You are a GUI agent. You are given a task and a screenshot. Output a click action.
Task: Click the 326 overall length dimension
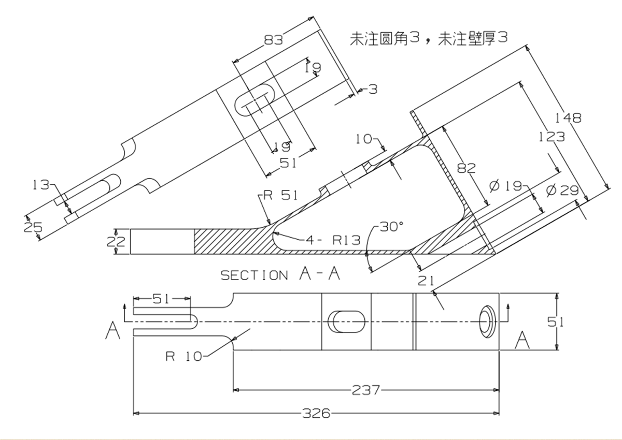[x=316, y=413]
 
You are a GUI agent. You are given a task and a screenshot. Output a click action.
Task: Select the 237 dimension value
[x=366, y=389]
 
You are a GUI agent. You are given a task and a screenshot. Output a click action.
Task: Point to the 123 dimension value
[x=552, y=137]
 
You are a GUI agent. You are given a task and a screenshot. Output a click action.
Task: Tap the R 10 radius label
[x=184, y=356]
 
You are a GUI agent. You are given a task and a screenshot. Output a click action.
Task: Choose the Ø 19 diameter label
[x=505, y=185]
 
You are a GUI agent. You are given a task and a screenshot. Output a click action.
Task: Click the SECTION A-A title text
[x=280, y=274]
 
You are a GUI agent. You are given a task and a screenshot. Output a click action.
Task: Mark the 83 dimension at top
[x=273, y=40]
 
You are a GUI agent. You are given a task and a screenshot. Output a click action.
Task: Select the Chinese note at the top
[x=428, y=38]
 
